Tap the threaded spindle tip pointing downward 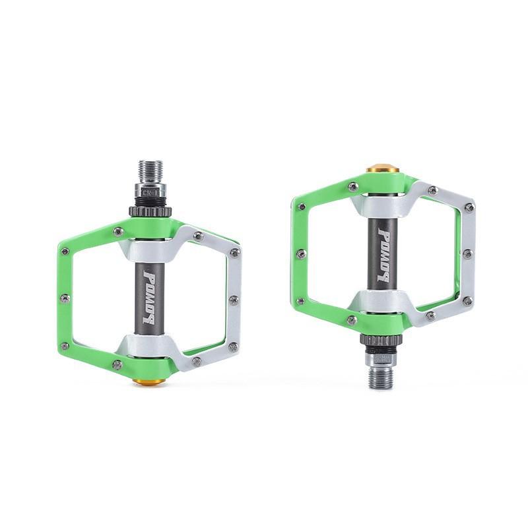(x=381, y=378)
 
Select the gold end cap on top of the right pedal (x=383, y=169)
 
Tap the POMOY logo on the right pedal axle (x=383, y=255)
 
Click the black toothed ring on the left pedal (x=150, y=212)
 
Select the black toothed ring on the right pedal (x=381, y=341)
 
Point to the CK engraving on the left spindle (x=151, y=192)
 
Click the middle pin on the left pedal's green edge (x=64, y=298)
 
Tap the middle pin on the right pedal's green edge (x=300, y=254)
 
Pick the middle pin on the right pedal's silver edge (x=467, y=254)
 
